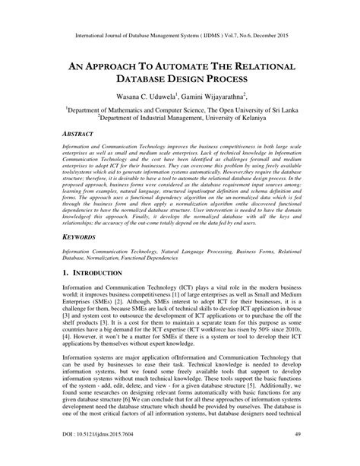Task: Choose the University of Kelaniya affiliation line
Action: [179, 119]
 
